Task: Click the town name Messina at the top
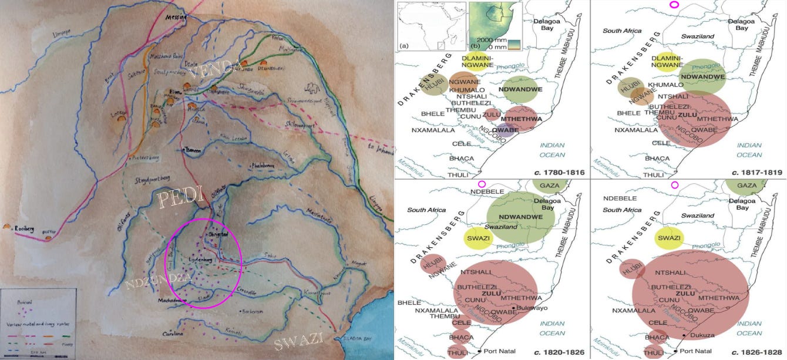click(x=175, y=18)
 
